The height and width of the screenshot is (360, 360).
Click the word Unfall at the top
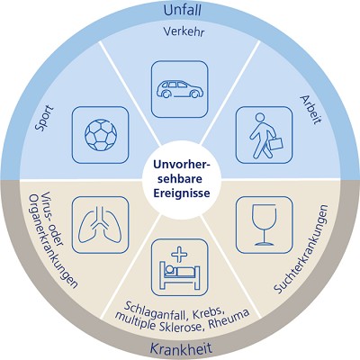pos(182,10)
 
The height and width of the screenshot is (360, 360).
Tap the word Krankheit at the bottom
pos(181,349)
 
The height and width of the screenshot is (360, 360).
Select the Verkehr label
pos(184,31)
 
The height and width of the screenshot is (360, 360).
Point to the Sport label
pos(44,118)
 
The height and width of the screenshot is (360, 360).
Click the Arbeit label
pos(310,110)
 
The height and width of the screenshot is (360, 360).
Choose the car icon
pos(179,89)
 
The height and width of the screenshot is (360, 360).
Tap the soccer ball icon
pos(101,135)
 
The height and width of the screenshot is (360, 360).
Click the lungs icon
pos(100,225)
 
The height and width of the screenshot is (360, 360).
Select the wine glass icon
pos(264,225)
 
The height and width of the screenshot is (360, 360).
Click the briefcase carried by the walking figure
pos(275,143)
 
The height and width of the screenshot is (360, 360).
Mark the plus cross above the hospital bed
pos(179,255)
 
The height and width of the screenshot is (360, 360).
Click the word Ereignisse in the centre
pos(182,193)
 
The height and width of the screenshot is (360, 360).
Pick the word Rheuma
pos(229,319)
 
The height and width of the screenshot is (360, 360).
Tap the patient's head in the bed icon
pos(169,269)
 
